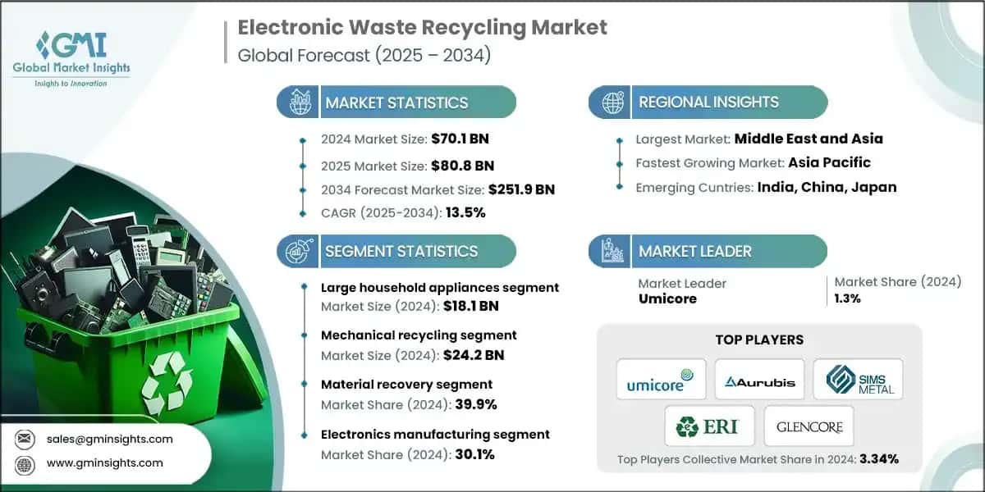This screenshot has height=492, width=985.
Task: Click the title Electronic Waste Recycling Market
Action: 422,27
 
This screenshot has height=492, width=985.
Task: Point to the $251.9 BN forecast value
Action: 521,189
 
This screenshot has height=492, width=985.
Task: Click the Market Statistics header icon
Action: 297,102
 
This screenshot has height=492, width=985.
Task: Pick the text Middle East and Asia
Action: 809,139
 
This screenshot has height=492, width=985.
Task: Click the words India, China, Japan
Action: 827,187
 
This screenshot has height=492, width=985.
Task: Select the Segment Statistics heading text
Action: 401,251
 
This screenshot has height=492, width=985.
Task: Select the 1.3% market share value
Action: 847,299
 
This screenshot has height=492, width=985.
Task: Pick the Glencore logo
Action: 809,426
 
